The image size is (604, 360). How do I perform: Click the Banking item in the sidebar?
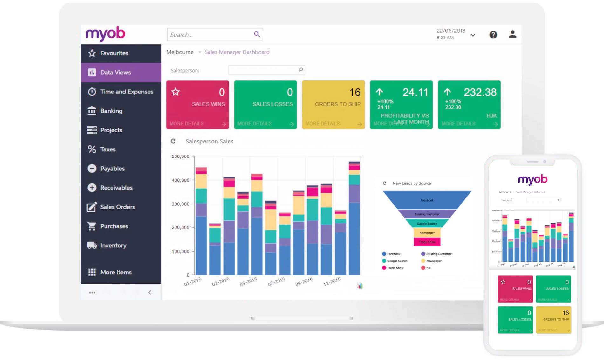111,111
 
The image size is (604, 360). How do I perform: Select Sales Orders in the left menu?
117,207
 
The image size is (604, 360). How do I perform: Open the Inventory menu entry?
113,246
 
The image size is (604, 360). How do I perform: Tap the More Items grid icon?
92,272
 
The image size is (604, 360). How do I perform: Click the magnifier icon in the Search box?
257,34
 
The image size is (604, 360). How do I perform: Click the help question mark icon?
493,35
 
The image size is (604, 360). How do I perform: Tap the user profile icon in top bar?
512,34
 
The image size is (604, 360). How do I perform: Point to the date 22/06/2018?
451,31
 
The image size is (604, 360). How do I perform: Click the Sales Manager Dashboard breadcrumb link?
237,52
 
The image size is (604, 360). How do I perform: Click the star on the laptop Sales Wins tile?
175,92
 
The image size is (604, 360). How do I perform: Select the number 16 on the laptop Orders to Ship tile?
355,92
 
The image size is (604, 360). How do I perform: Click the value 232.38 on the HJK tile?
480,92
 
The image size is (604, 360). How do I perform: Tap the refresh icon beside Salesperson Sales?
173,141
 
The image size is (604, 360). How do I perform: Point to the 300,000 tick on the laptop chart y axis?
180,204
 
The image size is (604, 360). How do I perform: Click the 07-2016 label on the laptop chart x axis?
276,281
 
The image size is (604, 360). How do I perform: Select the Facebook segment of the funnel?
427,200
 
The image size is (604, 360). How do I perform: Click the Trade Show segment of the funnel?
427,242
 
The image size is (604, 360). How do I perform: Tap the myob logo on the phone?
532,180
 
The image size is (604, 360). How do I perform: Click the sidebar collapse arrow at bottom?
150,292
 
